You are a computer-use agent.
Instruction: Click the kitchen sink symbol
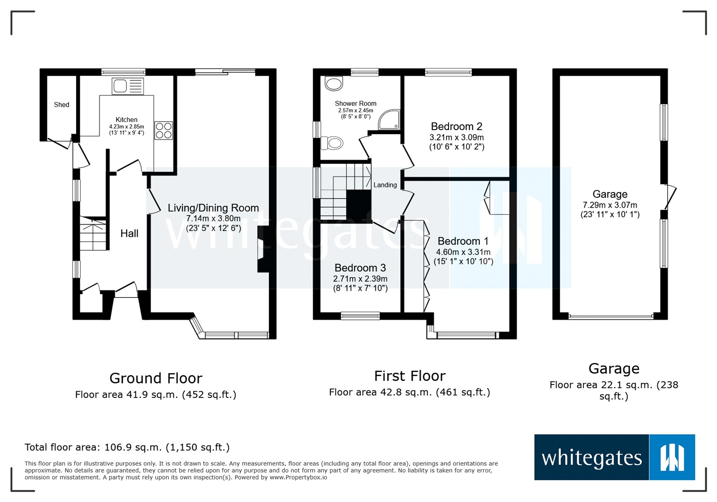[x=128, y=86]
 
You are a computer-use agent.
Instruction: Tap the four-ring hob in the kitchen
[x=164, y=131]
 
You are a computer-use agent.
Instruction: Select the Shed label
[x=61, y=105]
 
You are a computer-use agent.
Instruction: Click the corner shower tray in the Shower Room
[x=389, y=120]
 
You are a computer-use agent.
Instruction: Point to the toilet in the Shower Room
[x=333, y=143]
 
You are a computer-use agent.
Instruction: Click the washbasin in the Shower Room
[x=333, y=83]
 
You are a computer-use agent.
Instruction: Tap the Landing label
[x=385, y=185]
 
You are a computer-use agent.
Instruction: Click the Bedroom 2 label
[x=456, y=127]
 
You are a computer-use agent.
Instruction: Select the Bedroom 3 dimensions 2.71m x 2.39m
[x=360, y=279]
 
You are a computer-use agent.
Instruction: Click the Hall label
[x=129, y=233]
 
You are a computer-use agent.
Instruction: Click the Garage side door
[x=669, y=197]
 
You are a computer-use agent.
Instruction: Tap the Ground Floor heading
[x=155, y=378]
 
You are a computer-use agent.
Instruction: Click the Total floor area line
[x=127, y=447]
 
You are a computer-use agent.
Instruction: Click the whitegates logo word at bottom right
[x=592, y=458]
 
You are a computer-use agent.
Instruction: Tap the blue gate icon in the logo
[x=672, y=457]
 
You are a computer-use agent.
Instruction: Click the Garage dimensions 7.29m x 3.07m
[x=609, y=205]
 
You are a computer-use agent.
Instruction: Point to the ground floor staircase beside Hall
[x=93, y=233]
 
